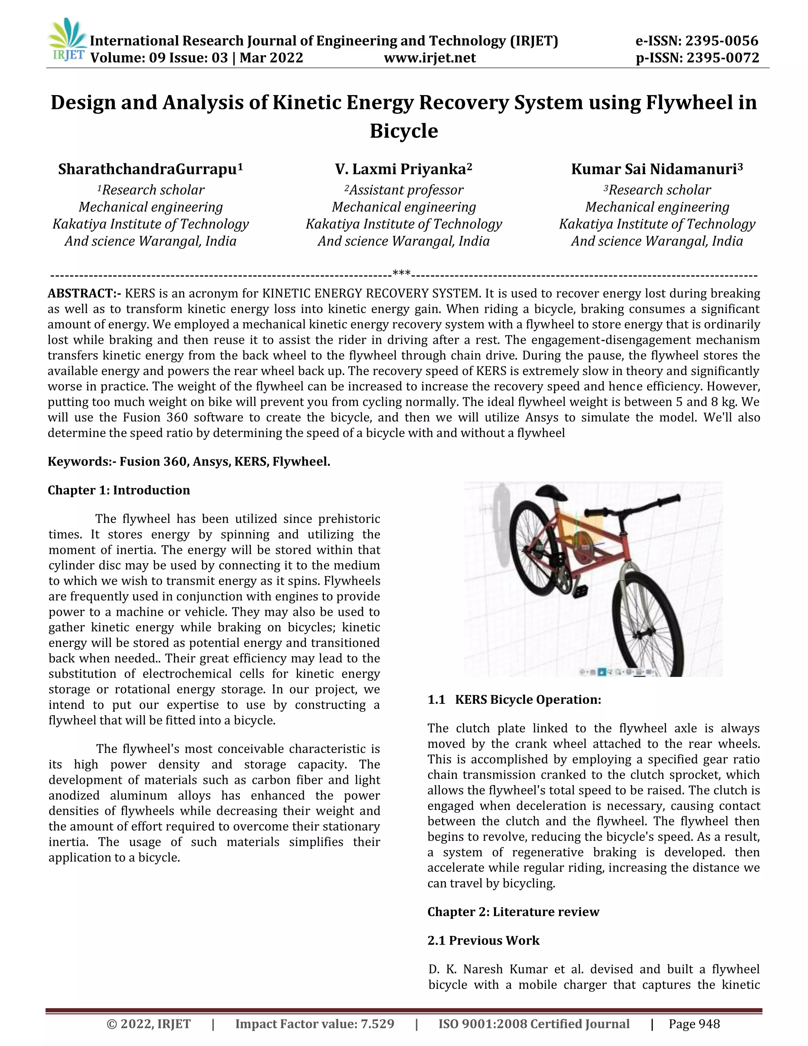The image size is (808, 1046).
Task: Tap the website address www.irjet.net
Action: [x=430, y=58]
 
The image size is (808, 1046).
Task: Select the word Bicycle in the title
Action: [x=404, y=131]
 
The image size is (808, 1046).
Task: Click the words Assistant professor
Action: [x=406, y=190]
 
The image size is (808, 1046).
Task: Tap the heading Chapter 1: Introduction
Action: [x=119, y=490]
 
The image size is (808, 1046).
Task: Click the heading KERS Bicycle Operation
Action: [x=527, y=700]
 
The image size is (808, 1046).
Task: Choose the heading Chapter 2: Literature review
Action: [x=513, y=912]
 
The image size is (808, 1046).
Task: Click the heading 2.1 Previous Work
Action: [x=483, y=941]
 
